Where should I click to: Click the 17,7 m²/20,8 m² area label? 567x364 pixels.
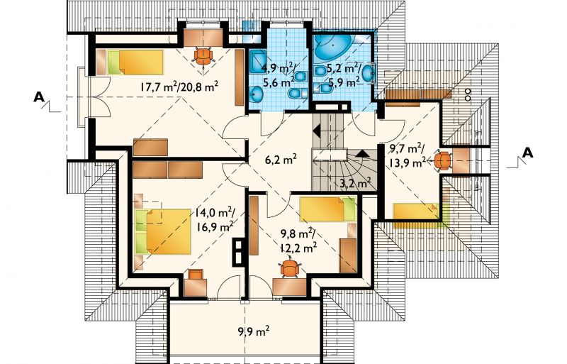click(x=179, y=86)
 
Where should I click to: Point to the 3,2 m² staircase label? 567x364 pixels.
click(x=355, y=183)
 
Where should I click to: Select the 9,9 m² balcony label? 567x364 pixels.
click(x=253, y=331)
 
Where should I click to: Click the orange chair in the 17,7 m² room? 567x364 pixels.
click(x=203, y=55)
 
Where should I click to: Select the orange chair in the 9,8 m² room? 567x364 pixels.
click(x=290, y=268)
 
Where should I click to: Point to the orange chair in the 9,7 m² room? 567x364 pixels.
click(x=442, y=161)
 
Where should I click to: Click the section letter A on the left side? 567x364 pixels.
click(x=39, y=96)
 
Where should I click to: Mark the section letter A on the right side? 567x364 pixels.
click(x=527, y=153)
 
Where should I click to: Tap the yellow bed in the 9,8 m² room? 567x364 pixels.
click(x=328, y=209)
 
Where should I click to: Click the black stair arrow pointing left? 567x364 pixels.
click(x=317, y=131)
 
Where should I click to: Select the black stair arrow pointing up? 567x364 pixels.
click(x=362, y=153)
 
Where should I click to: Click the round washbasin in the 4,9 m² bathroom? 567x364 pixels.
click(x=257, y=93)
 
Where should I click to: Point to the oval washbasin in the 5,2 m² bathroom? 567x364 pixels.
click(x=369, y=74)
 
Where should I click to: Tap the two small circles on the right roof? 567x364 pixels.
click(x=468, y=94)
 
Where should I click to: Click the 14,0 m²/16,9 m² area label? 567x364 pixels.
click(x=215, y=219)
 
